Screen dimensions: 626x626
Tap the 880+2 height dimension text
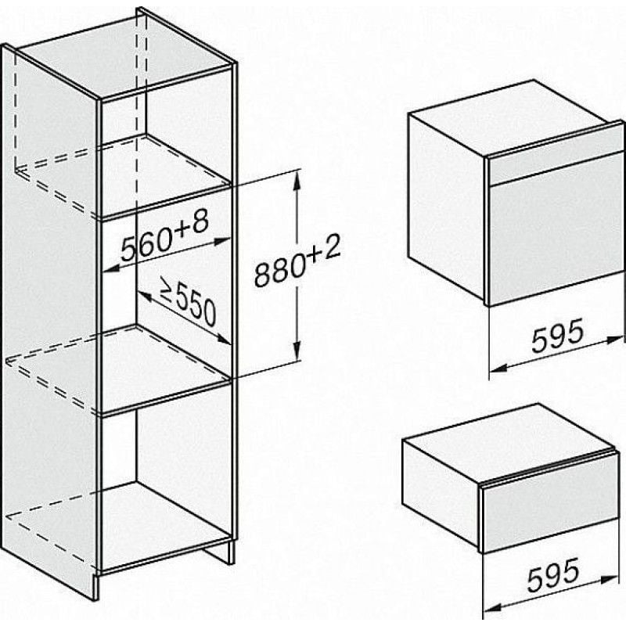coord(298,261)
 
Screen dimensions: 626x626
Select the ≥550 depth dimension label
coord(188,301)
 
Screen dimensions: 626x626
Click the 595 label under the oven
coord(558,335)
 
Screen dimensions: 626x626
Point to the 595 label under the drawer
coord(553,574)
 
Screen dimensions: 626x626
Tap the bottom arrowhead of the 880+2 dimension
coord(297,351)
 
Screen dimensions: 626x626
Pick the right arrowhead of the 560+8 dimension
coord(222,241)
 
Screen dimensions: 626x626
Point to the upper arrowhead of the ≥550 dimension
coord(144,296)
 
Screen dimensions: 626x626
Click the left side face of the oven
coord(447,206)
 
